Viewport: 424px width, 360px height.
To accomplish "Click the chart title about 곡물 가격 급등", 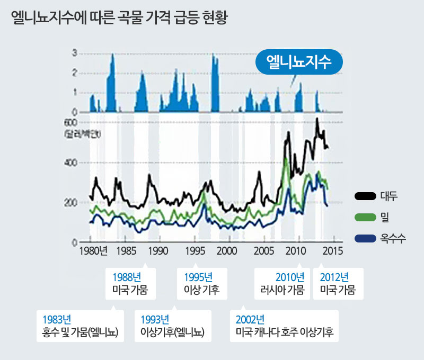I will [119, 19].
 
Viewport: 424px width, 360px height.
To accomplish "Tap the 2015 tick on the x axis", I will [332, 250].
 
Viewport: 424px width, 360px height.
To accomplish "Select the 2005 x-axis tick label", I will [262, 250].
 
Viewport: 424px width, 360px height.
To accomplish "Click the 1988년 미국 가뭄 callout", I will [130, 284].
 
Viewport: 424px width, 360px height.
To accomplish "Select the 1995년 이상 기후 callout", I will [201, 284].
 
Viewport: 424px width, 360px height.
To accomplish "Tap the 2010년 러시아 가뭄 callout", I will [282, 284].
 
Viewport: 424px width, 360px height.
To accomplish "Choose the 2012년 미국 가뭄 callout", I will [338, 284].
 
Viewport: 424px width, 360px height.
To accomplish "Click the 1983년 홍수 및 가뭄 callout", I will [79, 326].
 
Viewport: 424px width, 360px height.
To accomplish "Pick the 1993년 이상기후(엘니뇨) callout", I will [173, 326].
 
